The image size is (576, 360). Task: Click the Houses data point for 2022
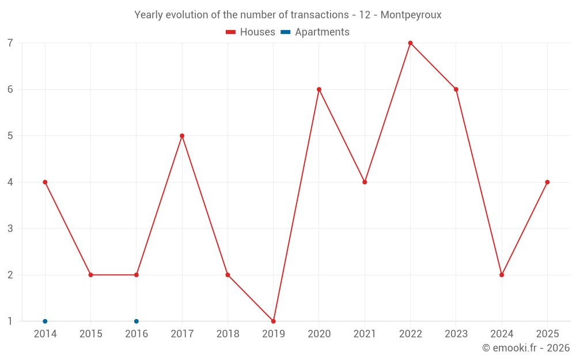click(x=410, y=43)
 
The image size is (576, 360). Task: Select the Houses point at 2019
click(x=273, y=321)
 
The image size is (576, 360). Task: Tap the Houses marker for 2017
click(x=182, y=136)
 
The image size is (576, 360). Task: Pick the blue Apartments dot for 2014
click(x=45, y=321)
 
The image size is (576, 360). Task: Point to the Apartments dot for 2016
click(x=137, y=321)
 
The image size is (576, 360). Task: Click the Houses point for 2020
click(x=319, y=89)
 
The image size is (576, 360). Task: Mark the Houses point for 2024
click(x=502, y=275)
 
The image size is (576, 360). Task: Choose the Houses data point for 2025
click(x=547, y=182)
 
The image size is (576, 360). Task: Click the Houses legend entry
click(x=251, y=32)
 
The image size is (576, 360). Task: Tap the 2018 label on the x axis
click(x=228, y=334)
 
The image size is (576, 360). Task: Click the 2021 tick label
click(x=365, y=334)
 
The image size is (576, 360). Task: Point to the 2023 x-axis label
click(x=456, y=334)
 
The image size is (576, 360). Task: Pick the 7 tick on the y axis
click(x=10, y=43)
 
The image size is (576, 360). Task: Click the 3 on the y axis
click(x=10, y=229)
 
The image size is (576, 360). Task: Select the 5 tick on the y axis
click(x=10, y=136)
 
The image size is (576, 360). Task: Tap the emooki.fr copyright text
click(x=526, y=348)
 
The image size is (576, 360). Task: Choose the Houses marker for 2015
click(x=90, y=275)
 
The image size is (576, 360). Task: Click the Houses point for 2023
click(x=456, y=89)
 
